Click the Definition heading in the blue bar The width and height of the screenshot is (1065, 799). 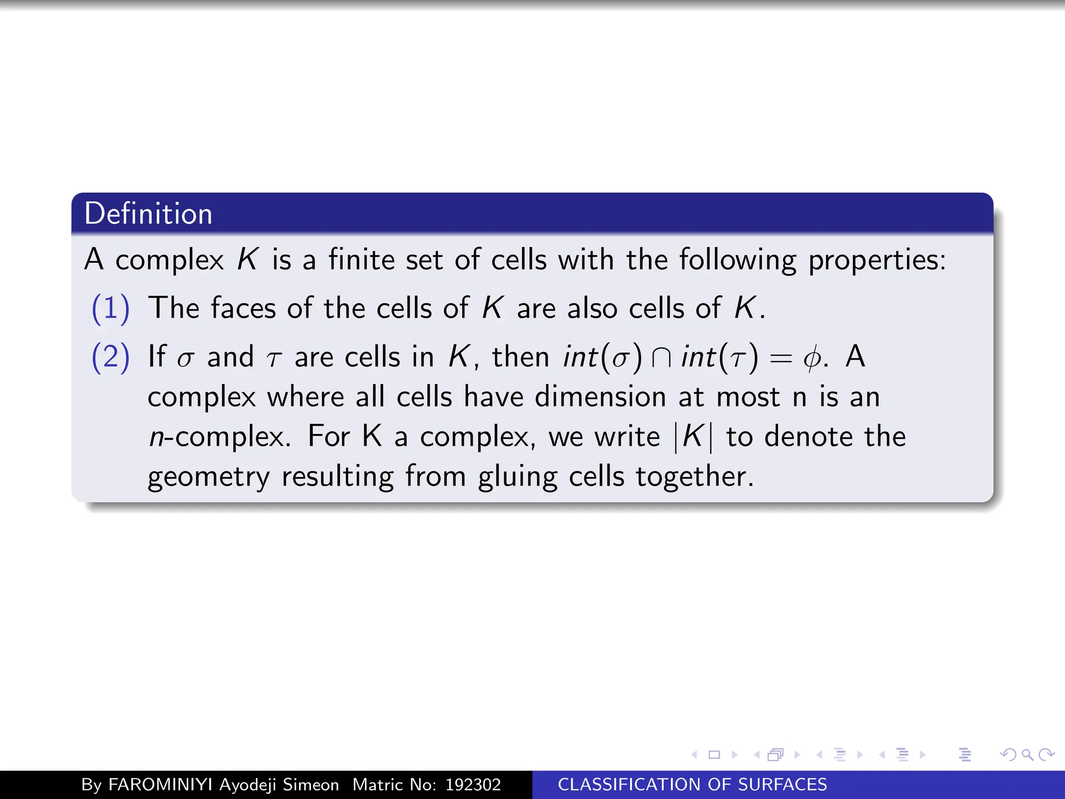(148, 214)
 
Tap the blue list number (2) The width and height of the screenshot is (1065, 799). (110, 357)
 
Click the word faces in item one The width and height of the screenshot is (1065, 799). (243, 308)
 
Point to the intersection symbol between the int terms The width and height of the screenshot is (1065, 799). (661, 358)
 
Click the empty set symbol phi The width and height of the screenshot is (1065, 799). (811, 358)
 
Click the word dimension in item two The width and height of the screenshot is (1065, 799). (600, 397)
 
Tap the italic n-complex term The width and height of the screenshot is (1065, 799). (218, 436)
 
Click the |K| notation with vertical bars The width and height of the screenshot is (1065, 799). (693, 436)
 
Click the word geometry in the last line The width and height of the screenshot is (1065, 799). (209, 476)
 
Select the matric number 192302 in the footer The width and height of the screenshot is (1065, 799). (473, 784)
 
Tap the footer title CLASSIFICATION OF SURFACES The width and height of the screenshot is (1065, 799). (692, 784)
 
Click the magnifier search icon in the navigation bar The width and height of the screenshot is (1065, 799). (1027, 754)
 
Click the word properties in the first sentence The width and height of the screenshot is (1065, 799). (876, 260)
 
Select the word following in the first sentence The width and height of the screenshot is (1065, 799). (737, 260)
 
